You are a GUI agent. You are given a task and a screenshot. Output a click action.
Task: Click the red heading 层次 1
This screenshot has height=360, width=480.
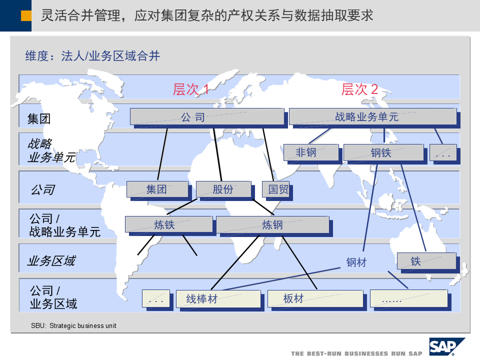click(x=190, y=89)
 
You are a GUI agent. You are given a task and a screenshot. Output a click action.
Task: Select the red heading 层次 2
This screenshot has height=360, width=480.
click(x=359, y=89)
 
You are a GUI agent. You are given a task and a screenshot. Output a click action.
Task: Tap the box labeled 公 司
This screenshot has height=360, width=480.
click(x=207, y=117)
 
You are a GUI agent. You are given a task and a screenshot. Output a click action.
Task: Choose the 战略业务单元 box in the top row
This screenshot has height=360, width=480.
click(x=372, y=117)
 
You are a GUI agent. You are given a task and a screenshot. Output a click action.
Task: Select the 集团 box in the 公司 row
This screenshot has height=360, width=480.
click(x=157, y=189)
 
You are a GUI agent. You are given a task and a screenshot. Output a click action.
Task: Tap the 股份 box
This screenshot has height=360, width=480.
click(x=223, y=189)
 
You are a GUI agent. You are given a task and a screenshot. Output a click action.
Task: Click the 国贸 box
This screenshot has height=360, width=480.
click(x=275, y=189)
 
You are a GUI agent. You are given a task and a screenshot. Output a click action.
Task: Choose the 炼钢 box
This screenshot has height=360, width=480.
click(x=272, y=225)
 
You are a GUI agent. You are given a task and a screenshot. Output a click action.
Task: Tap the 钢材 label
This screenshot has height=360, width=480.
click(x=356, y=262)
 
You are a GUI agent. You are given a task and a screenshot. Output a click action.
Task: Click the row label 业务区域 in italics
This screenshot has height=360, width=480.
click(x=51, y=260)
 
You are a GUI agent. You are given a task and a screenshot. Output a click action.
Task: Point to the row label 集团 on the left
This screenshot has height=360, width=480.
click(x=39, y=119)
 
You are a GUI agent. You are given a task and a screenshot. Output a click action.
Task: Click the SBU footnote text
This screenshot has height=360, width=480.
click(x=73, y=326)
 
